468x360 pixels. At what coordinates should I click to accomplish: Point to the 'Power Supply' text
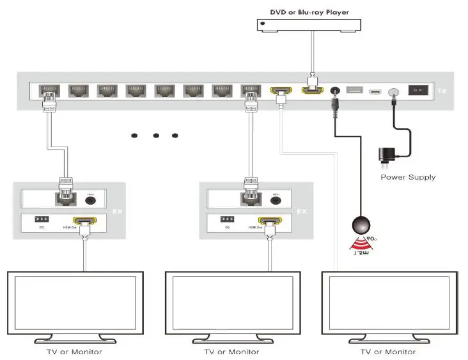(408, 177)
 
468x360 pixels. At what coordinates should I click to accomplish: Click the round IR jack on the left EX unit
(90, 200)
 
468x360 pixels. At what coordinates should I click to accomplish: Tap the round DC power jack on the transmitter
(332, 91)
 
